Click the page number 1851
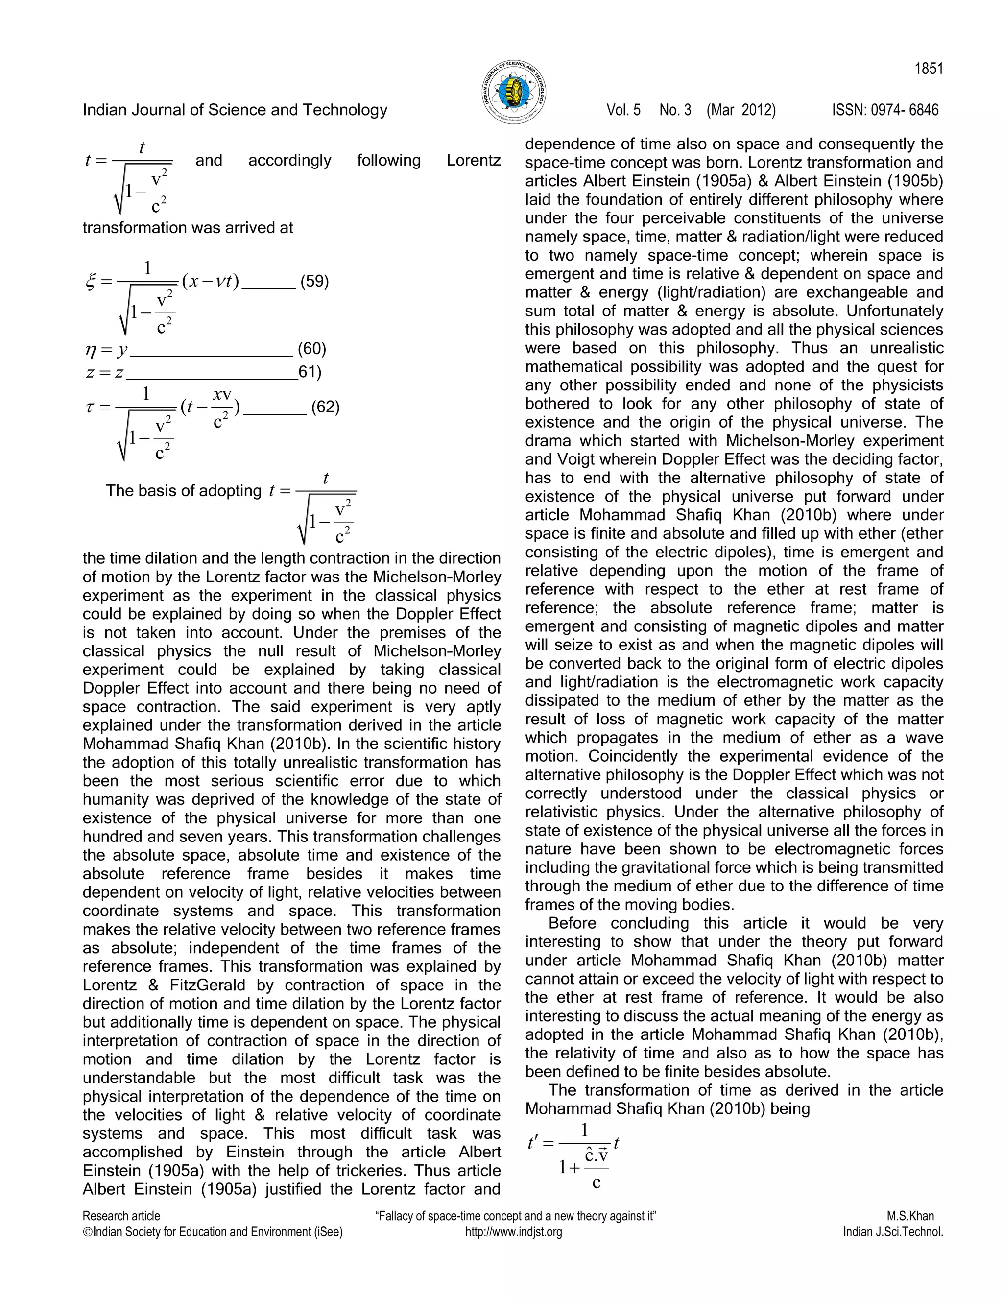pyautogui.click(x=928, y=69)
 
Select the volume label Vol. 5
pyautogui.click(x=623, y=110)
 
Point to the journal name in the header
pyautogui.click(x=235, y=110)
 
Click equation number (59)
pyautogui.click(x=314, y=281)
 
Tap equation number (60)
pyautogui.click(x=312, y=349)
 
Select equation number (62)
pyautogui.click(x=325, y=407)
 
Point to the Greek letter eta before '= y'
pyautogui.click(x=90, y=350)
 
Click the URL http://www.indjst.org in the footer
pyautogui.click(x=513, y=1232)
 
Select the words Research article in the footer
pyautogui.click(x=121, y=1216)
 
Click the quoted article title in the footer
pyautogui.click(x=515, y=1216)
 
